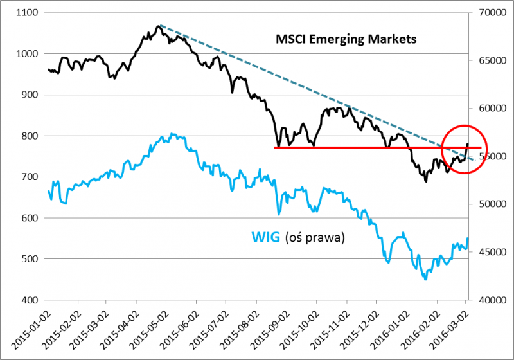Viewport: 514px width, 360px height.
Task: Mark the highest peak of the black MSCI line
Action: tap(158, 26)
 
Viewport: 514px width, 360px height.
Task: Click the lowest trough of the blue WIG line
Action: tap(425, 279)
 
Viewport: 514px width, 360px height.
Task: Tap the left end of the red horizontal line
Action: tap(275, 148)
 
